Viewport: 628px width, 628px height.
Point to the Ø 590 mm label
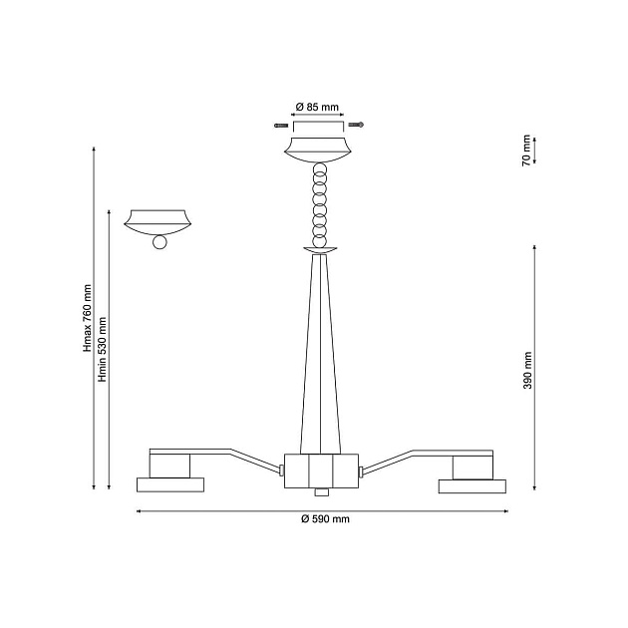pos(325,519)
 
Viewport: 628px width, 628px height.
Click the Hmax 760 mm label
pos(88,318)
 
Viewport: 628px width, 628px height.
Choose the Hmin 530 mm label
pos(103,348)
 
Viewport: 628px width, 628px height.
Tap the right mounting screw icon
pos(357,125)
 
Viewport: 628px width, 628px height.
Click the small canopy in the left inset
pos(157,220)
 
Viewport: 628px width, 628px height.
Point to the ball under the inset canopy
pos(157,243)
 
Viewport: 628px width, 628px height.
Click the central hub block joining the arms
pos(320,470)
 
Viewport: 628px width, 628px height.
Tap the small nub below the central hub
pos(320,491)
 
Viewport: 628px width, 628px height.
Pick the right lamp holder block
pos(471,466)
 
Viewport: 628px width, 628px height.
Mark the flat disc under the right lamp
pos(471,485)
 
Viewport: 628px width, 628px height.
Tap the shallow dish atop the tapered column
pos(320,250)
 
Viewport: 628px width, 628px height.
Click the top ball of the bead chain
pos(319,169)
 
